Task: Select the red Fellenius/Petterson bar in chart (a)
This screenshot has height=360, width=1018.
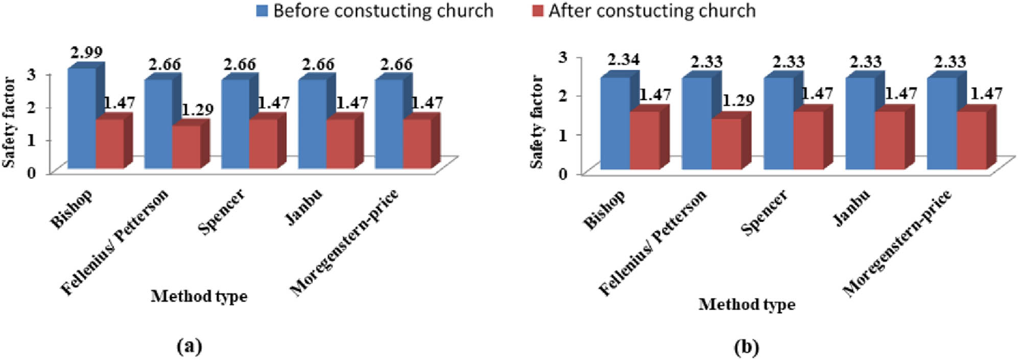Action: click(186, 147)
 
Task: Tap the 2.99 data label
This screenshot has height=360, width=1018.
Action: click(86, 52)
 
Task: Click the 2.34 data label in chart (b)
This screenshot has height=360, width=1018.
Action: click(623, 60)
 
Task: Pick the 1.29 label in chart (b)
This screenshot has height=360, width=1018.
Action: click(738, 101)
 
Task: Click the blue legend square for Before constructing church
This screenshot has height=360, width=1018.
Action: click(262, 11)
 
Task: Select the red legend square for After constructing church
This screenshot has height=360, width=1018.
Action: click(537, 11)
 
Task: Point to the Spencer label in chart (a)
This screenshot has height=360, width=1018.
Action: click(221, 211)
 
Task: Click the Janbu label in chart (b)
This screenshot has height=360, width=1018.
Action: click(851, 208)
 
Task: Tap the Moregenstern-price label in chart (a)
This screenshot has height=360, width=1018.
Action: click(344, 243)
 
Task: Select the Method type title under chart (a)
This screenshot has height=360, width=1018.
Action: click(199, 296)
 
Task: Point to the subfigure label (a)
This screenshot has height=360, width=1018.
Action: click(189, 347)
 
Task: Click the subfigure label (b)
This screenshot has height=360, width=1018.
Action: click(746, 348)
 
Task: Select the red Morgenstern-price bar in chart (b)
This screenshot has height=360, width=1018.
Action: click(971, 140)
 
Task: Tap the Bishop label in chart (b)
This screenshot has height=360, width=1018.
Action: click(604, 210)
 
